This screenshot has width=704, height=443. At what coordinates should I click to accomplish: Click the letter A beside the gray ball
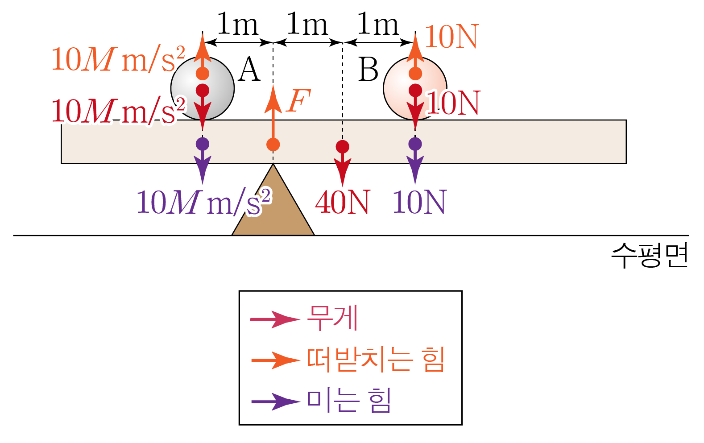coord(249,70)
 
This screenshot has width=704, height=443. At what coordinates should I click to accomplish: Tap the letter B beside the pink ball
coord(368,70)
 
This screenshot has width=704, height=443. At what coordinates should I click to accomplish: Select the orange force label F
coord(298,101)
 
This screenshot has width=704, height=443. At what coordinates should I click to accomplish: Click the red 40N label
coord(342,203)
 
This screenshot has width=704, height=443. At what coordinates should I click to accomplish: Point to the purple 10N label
coord(419,203)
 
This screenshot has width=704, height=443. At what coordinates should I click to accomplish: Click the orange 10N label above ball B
coord(451,37)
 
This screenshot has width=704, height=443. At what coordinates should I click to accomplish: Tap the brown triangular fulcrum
coord(273,210)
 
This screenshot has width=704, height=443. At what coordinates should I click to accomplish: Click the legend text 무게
coord(332,318)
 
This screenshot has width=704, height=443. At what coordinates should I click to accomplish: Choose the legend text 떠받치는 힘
coord(376,360)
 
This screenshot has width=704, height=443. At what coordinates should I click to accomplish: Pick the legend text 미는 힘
coord(349,400)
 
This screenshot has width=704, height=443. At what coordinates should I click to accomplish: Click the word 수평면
coord(649,256)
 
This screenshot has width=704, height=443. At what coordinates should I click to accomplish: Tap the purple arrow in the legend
coord(275,402)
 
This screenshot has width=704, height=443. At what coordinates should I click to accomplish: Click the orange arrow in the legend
coord(275,360)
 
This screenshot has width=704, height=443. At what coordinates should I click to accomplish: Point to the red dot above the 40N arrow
coord(342,146)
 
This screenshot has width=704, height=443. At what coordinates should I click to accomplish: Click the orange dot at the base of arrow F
coord(273,145)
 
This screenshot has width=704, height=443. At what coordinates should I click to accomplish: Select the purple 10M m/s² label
coord(203,203)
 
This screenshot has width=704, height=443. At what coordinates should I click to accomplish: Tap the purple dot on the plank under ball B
coord(415,144)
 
